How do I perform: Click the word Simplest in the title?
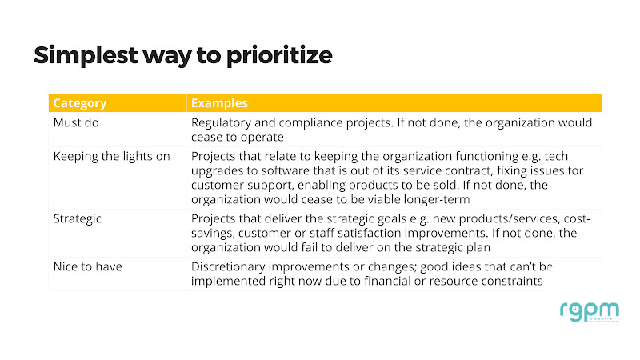[86, 55]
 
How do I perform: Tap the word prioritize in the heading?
[279, 55]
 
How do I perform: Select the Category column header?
[80, 103]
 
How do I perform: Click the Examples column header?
[219, 103]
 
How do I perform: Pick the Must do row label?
[76, 122]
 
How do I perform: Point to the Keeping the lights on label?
[111, 156]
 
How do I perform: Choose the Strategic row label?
[77, 218]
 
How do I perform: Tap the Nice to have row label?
[88, 266]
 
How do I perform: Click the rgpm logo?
[589, 313]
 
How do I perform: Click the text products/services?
[509, 218]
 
